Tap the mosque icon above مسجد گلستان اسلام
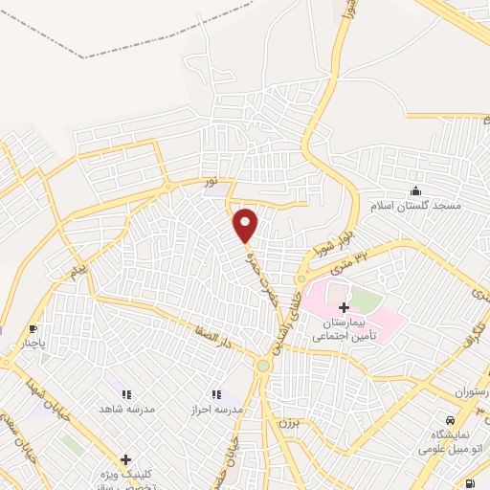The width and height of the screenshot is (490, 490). [414, 190]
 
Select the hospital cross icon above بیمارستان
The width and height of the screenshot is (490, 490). [344, 308]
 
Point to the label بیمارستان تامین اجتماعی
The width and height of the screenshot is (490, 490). [344, 330]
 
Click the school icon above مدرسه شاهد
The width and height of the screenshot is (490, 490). [125, 393]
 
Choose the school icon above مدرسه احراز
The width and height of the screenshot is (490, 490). [216, 393]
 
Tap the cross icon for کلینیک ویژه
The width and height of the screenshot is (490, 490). [125, 460]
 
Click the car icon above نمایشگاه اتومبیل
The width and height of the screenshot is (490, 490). [449, 420]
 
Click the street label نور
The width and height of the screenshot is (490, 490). [208, 179]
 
